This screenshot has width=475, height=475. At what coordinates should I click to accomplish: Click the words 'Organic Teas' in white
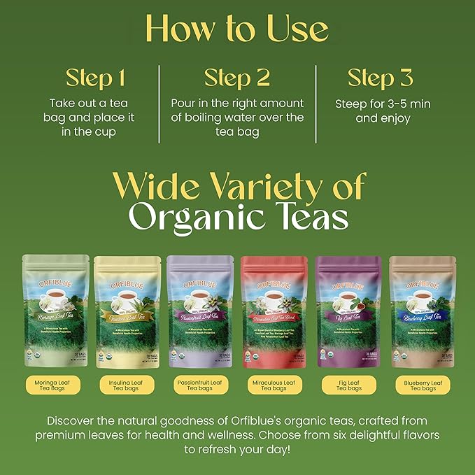click(x=238, y=218)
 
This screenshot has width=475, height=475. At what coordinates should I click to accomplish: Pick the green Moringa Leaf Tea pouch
click(x=56, y=311)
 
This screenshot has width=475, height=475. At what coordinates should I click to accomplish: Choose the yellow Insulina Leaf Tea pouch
click(x=129, y=311)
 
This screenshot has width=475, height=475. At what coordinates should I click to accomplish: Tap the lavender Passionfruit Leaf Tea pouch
click(x=201, y=311)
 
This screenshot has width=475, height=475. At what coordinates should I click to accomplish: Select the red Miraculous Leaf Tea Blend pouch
click(x=274, y=311)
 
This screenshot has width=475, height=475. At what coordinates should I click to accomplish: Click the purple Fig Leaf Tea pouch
click(x=348, y=311)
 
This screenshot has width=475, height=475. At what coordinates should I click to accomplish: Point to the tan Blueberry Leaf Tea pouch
click(x=420, y=311)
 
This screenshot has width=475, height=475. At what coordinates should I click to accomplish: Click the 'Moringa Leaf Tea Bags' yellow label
click(x=56, y=385)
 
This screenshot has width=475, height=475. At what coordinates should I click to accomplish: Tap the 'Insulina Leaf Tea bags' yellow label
click(x=129, y=385)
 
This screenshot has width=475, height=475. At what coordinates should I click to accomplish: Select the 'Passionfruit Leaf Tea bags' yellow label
click(x=201, y=385)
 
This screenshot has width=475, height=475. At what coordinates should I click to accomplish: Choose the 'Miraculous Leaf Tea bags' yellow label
click(x=274, y=385)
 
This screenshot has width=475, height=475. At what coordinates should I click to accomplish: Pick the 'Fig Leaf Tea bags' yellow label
click(x=348, y=385)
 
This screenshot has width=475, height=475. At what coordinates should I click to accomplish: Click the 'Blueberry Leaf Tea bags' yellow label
click(x=420, y=385)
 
